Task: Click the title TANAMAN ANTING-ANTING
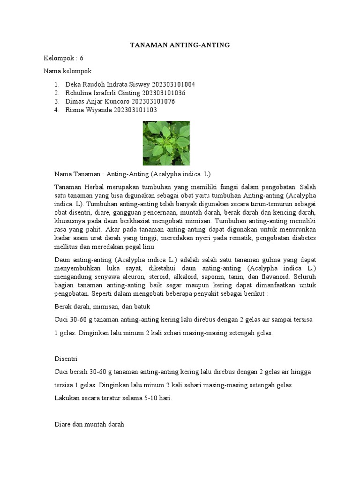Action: click(x=180, y=45)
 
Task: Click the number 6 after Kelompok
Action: click(x=81, y=58)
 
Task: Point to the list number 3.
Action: click(x=56, y=101)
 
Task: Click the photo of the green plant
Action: click(x=166, y=143)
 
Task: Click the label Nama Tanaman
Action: click(x=77, y=173)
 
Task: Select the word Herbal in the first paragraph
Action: click(x=94, y=186)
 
